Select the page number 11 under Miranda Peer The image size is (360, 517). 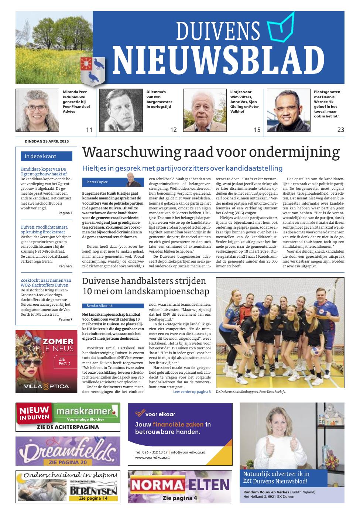(89, 130)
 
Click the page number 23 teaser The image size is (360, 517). (340, 130)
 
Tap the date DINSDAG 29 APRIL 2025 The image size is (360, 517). (47, 141)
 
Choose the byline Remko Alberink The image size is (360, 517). (99, 306)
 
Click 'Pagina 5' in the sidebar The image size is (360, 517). (65, 266)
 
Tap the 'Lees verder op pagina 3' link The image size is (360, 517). (192, 391)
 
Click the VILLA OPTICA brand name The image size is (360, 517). (47, 386)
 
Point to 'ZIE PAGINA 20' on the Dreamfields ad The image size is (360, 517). (68, 462)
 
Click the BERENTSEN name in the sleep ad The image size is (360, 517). (93, 491)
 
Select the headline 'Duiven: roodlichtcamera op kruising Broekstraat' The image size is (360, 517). (44, 230)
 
